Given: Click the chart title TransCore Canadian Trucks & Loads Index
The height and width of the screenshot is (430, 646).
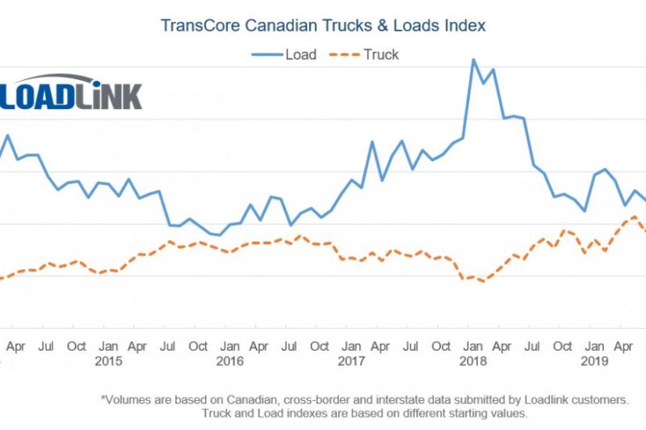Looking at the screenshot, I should coord(323,25).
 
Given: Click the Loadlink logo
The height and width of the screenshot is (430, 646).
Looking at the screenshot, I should coord(71,95).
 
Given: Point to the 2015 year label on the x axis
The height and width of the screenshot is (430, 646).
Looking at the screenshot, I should coord(108,361).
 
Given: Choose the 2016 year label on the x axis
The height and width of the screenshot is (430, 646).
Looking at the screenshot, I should coord(229,361).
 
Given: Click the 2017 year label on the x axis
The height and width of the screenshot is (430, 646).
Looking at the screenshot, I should coord(350,361).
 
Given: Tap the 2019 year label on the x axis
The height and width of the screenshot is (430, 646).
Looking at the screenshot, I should coord(594,361).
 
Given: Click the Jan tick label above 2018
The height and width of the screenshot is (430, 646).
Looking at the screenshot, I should coord(472,346).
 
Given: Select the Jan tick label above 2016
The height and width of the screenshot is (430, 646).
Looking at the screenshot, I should coord(229,346).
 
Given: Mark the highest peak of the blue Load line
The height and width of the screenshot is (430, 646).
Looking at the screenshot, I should coord(473,60).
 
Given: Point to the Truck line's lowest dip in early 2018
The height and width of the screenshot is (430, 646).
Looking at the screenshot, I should coord(483,281).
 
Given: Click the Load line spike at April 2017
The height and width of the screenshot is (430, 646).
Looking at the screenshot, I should coord(372,142).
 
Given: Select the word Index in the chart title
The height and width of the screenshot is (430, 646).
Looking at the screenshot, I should coord(464,25).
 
